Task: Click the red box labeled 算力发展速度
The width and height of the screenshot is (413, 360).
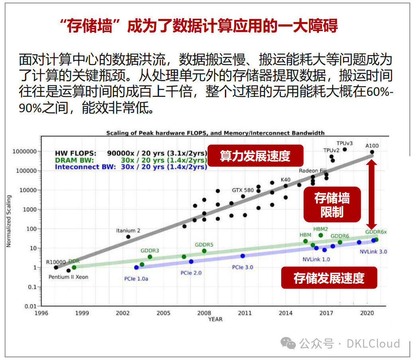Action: click(x=255, y=156)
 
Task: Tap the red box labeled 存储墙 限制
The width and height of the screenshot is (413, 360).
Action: click(x=332, y=204)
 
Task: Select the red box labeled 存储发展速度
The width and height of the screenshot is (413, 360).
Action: click(x=329, y=278)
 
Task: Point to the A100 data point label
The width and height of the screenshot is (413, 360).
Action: click(x=372, y=146)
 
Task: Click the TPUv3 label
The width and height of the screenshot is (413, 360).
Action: click(x=344, y=142)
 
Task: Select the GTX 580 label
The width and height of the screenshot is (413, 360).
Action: click(x=243, y=190)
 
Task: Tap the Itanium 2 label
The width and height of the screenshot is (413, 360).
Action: click(x=128, y=231)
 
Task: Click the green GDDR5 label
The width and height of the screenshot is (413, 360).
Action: click(x=204, y=245)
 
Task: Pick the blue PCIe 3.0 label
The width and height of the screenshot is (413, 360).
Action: click(x=242, y=267)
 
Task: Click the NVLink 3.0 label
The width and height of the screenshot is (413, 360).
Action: click(x=373, y=252)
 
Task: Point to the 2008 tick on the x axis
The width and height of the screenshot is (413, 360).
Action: click(x=204, y=313)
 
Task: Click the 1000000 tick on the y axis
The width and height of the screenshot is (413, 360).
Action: click(x=25, y=152)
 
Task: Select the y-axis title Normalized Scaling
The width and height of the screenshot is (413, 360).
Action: click(x=8, y=221)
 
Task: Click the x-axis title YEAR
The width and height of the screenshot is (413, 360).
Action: click(x=215, y=319)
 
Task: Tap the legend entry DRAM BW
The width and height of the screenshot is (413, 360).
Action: click(x=74, y=160)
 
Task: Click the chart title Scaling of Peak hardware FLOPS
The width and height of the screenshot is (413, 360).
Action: click(x=215, y=133)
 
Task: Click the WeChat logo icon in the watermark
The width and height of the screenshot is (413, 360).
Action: click(x=288, y=343)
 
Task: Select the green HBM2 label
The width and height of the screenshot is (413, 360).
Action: click(x=321, y=229)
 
